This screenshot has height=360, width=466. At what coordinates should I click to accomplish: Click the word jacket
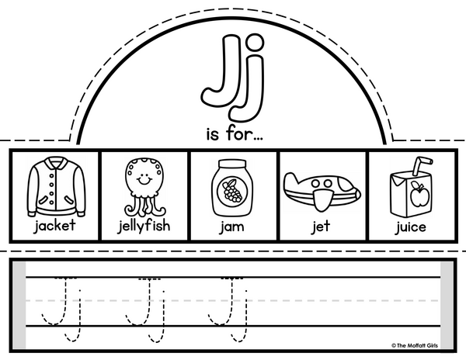coord(55,226)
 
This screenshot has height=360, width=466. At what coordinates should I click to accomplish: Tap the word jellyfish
coord(144,226)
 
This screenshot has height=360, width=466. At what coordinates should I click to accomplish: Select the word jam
coord(232,227)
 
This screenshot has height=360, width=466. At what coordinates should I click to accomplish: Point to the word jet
coord(321,227)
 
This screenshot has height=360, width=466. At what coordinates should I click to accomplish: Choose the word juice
coord(411,227)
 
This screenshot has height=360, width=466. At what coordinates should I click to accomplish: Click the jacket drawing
coord(57,186)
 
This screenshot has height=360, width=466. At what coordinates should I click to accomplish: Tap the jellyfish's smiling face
coord(144,178)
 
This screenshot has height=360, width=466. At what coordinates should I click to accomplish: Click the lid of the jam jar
coord(232,164)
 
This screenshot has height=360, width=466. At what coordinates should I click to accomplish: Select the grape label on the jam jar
coord(232,191)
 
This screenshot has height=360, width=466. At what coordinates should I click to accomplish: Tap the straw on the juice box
coord(420,165)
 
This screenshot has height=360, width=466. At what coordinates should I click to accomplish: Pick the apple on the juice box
coord(419,195)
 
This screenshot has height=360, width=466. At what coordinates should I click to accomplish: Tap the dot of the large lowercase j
coord(254,43)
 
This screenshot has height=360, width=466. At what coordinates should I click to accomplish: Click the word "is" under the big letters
coord(213,134)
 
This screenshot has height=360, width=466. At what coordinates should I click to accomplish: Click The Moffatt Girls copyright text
coord(415,345)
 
